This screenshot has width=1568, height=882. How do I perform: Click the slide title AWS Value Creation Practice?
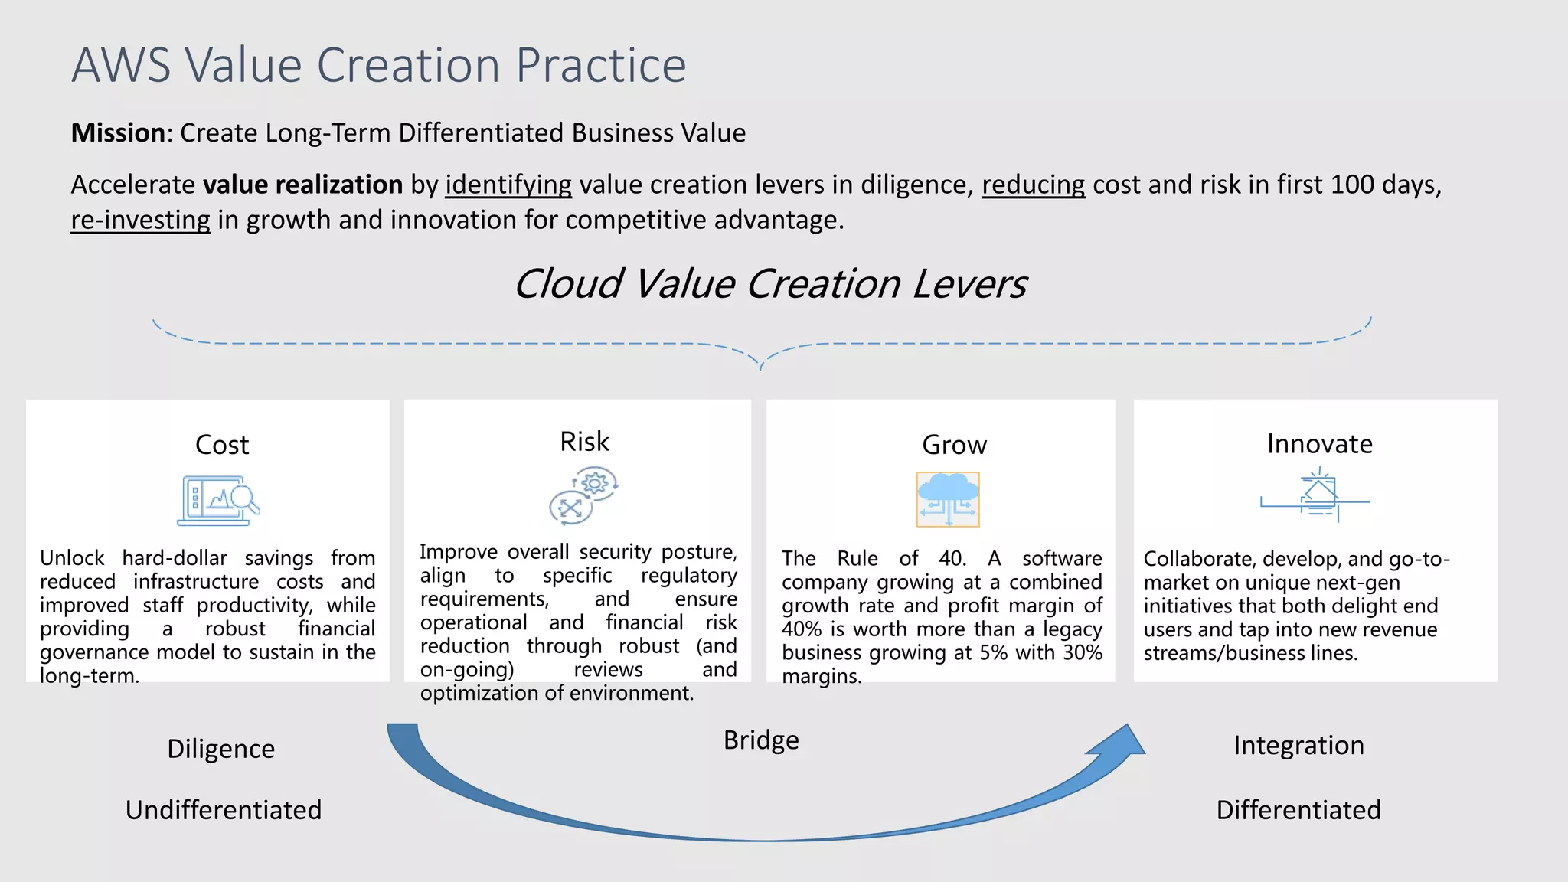[379, 65]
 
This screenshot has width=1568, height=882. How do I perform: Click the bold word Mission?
[118, 133]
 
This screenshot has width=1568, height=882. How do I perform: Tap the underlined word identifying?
[508, 185]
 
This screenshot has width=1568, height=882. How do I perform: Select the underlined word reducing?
[1033, 185]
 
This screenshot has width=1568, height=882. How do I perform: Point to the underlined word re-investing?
[140, 220]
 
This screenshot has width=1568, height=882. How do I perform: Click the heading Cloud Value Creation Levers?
[769, 284]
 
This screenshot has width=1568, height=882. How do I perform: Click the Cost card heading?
[222, 445]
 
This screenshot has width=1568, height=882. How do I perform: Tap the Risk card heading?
[584, 442]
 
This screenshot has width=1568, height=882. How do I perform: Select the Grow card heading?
[954, 445]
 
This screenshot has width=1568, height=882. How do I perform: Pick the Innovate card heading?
[1319, 444]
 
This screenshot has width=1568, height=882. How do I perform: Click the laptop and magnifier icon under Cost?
[218, 501]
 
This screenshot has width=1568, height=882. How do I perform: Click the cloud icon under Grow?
[948, 499]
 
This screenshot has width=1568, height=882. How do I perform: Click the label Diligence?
[220, 749]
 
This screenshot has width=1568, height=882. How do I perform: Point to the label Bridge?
[761, 740]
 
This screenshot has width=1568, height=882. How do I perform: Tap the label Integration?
[1298, 746]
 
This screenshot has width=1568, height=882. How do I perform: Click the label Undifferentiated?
[224, 810]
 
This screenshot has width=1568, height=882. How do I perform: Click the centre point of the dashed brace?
[761, 363]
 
